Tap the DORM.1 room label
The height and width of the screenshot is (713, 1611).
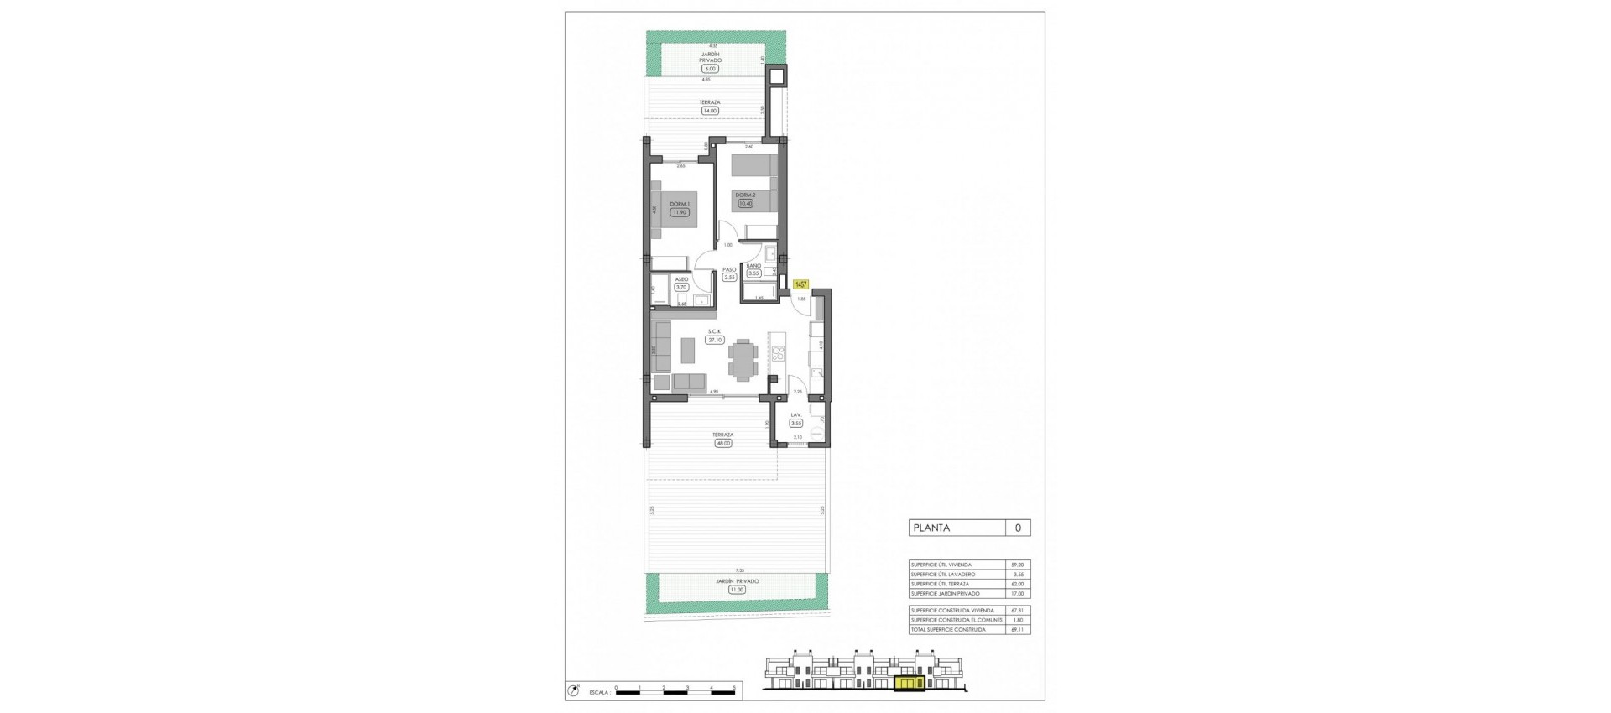coord(679,204)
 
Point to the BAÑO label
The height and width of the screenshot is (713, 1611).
coord(753,265)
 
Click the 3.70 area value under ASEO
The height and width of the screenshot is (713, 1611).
coord(680,287)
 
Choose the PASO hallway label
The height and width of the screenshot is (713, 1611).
coord(729,269)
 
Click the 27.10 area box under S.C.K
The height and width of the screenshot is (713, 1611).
coord(714,341)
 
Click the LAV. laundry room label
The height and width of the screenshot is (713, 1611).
coord(795,415)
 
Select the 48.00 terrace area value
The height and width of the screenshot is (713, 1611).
coord(722,443)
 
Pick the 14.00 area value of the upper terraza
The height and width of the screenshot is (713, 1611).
coord(711,110)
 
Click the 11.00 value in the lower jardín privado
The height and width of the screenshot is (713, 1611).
coord(736,590)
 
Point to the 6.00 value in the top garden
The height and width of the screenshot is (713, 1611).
coord(711,69)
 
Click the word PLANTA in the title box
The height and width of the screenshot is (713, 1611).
coord(931,528)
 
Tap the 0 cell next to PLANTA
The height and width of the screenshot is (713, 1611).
coord(1018,528)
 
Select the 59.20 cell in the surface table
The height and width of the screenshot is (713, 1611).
coord(1018,565)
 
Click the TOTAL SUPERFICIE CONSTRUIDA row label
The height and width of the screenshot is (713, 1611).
coord(948,629)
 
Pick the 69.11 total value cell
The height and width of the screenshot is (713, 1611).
coord(1018,629)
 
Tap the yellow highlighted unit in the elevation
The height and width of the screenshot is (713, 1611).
coord(908,684)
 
